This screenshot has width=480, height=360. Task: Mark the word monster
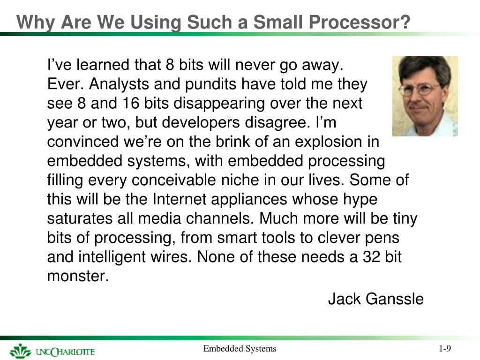[x=78, y=277]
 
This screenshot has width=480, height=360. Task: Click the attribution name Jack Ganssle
[x=375, y=299]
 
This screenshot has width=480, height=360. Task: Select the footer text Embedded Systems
[x=240, y=348]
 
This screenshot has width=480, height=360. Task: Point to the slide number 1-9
[x=445, y=348]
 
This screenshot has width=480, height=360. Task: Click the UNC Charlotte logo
[x=52, y=351]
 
